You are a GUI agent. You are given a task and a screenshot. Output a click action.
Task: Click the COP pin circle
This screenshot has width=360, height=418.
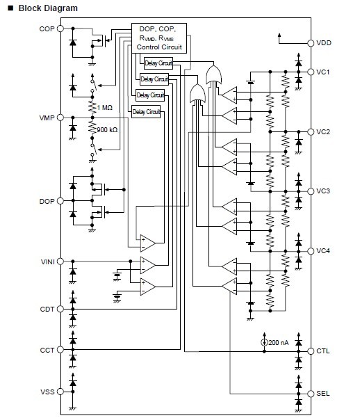(60, 29)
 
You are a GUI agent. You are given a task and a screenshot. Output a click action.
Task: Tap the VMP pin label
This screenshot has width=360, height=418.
(47, 118)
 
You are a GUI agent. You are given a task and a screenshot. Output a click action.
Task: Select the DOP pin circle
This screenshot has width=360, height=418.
(60, 201)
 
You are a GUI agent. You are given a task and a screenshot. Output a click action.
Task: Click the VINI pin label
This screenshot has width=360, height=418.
(48, 262)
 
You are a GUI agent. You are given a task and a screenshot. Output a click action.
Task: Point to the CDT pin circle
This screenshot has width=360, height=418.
(60, 309)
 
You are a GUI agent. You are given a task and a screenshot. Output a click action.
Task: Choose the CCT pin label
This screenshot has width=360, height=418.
(47, 350)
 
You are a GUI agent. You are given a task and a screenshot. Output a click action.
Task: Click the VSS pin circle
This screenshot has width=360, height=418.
(60, 392)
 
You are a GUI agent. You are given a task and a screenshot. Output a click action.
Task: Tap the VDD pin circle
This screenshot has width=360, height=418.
(311, 43)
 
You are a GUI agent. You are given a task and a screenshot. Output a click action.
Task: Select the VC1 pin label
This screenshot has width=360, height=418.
(323, 72)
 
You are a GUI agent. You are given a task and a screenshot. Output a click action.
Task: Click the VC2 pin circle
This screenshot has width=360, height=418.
(311, 131)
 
